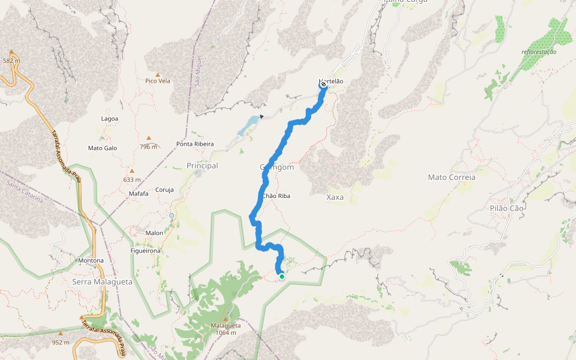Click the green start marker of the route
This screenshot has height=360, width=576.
[x=281, y=277]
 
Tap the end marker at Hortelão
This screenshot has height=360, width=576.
[x=323, y=85]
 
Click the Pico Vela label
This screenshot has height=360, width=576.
[x=158, y=80]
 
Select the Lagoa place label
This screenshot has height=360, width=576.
[x=110, y=119]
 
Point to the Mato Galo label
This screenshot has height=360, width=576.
[x=103, y=148]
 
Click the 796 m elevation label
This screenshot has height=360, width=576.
[x=148, y=146]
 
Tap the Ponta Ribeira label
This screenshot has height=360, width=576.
[x=195, y=144]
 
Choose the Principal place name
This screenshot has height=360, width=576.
[x=202, y=166]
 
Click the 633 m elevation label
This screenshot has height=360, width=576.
[x=131, y=179]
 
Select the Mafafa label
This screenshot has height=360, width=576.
[x=138, y=193]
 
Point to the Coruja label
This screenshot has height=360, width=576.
[x=164, y=190]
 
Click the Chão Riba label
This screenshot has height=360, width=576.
[x=277, y=196]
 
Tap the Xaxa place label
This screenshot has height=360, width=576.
[x=335, y=197]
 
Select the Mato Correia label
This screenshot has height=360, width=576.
[x=451, y=177]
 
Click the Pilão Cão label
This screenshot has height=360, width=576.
[x=507, y=208]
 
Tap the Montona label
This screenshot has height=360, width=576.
[x=91, y=260]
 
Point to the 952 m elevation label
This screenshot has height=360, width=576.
[x=61, y=343]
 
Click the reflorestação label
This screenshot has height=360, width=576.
[x=539, y=52]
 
